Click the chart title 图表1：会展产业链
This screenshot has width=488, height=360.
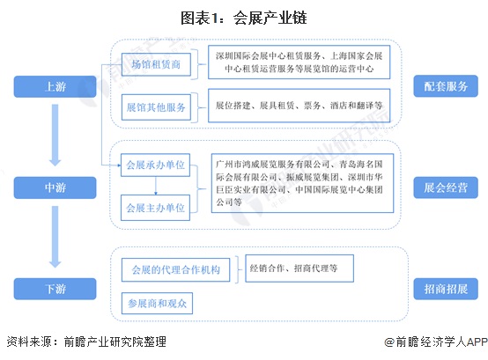244,18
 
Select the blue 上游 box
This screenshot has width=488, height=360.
55,86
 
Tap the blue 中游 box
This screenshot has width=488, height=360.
55,187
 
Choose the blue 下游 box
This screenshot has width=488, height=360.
55,289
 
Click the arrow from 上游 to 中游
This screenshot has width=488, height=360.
55,136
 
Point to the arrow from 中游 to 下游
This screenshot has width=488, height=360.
55,237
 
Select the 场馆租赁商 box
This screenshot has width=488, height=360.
156,64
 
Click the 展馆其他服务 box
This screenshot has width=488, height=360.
156,107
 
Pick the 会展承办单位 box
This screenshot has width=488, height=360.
155,165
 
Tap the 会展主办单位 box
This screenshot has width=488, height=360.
155,208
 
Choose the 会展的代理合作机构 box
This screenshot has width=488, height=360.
175,270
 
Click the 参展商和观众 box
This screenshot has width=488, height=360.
157,303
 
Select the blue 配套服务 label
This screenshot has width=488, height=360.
446,86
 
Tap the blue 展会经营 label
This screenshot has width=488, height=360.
446,187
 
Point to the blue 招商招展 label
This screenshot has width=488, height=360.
446,289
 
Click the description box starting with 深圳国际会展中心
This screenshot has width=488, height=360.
299,62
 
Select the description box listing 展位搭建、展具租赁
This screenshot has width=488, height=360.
299,106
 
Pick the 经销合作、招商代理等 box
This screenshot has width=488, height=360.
299,268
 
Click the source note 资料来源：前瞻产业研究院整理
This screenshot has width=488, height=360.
86,342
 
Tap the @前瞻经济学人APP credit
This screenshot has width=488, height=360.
436,342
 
